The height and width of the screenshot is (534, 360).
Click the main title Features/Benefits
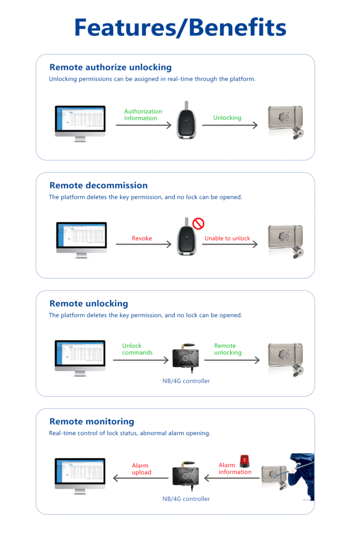(x=180, y=27)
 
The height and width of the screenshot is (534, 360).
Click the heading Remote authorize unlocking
(x=110, y=67)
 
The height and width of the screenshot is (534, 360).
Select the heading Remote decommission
(x=98, y=185)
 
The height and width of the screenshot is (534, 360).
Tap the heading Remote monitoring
(x=91, y=421)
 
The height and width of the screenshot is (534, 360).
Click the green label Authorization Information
(x=143, y=115)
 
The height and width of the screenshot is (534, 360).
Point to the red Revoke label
(x=141, y=238)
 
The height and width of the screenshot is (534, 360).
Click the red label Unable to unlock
(x=227, y=238)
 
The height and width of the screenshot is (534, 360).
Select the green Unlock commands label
(x=137, y=349)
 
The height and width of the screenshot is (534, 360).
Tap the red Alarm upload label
(x=141, y=469)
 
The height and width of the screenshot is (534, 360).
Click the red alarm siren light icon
(x=244, y=461)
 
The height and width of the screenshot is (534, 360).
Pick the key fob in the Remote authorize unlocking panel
(x=186, y=121)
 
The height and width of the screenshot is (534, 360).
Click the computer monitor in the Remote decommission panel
(x=81, y=238)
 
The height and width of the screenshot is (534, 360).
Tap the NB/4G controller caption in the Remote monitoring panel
(x=186, y=499)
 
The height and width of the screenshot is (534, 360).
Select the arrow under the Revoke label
(x=143, y=245)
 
